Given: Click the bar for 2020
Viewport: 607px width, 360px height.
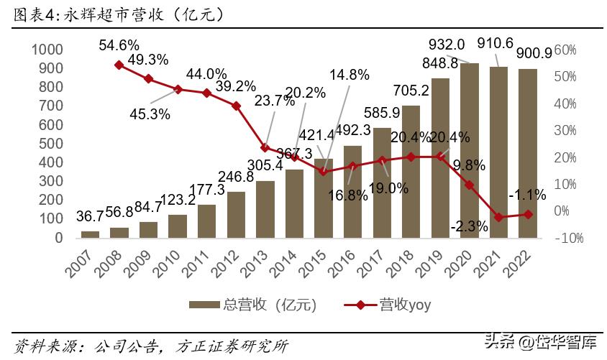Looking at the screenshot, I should pyautogui.click(x=470, y=150).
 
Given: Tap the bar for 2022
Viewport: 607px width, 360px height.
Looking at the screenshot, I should pyautogui.click(x=528, y=153).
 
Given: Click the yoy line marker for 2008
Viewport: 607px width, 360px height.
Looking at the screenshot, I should pyautogui.click(x=119, y=65).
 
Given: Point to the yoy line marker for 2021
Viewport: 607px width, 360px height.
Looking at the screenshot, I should pyautogui.click(x=499, y=216).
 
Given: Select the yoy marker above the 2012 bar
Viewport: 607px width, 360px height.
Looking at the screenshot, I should pyautogui.click(x=236, y=106).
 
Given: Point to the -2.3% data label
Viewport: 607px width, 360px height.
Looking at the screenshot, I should pyautogui.click(x=470, y=226).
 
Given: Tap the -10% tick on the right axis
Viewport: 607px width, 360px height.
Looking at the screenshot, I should pyautogui.click(x=568, y=238).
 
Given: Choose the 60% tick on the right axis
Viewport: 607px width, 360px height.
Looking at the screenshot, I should pyautogui.click(x=566, y=50).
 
